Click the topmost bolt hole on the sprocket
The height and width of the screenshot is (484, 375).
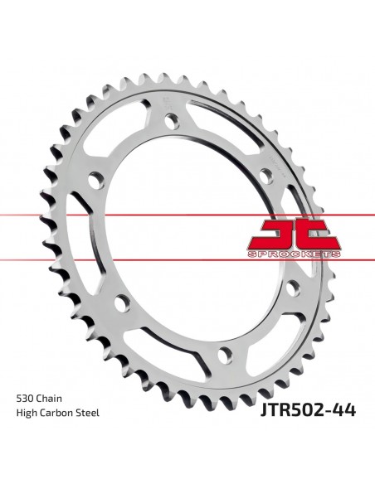172,121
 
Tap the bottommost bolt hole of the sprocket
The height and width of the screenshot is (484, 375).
225,356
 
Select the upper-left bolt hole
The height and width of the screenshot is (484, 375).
96,181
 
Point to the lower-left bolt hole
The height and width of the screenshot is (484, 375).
122,303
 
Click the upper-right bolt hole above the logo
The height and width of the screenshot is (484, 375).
266,177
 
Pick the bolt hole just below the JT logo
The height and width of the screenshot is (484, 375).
293,288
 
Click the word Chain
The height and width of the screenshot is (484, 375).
49,398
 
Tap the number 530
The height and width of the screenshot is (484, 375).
25,398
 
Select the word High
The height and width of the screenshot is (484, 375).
26,413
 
